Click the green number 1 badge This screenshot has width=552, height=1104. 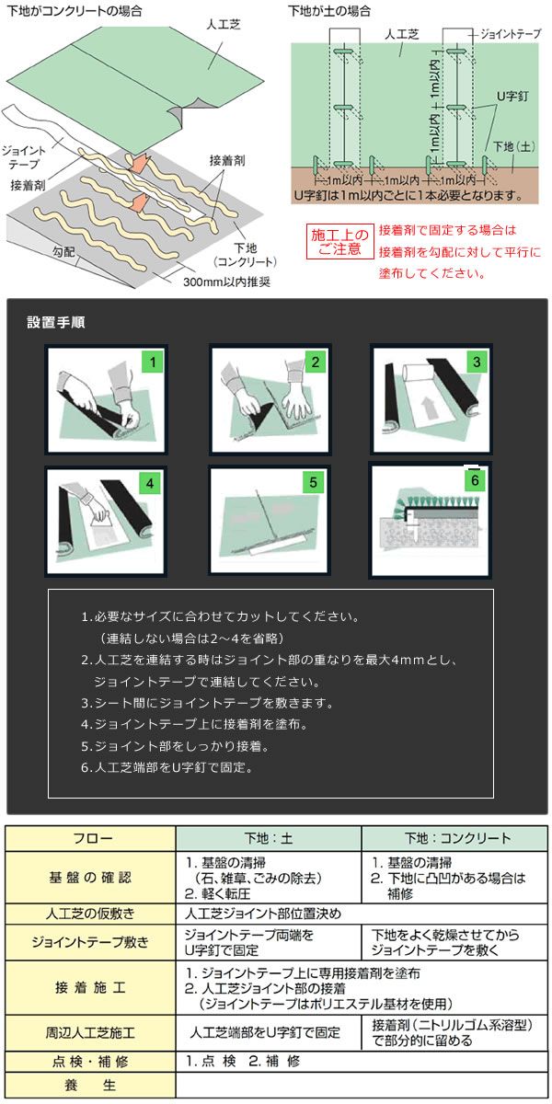point(153,362)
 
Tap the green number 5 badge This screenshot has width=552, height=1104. point(313,482)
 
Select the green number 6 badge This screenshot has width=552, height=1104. point(475,479)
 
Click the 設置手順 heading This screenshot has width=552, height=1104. point(56,322)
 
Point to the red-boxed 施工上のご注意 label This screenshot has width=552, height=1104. point(340,241)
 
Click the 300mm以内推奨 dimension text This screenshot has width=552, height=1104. point(226,282)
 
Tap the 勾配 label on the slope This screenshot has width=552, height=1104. point(63,252)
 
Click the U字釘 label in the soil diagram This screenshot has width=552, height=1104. point(512,96)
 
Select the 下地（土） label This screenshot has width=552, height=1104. point(514,146)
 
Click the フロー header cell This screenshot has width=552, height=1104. point(92,838)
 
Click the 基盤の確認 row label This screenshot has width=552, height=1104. point(90,877)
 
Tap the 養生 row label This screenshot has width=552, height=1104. point(90,1085)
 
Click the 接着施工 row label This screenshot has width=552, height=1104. point(90,987)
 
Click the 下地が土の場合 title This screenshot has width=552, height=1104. point(328,11)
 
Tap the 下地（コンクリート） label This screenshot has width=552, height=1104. point(245,255)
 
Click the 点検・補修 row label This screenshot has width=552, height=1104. point(90,1061)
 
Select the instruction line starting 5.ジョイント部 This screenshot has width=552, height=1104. point(176,746)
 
